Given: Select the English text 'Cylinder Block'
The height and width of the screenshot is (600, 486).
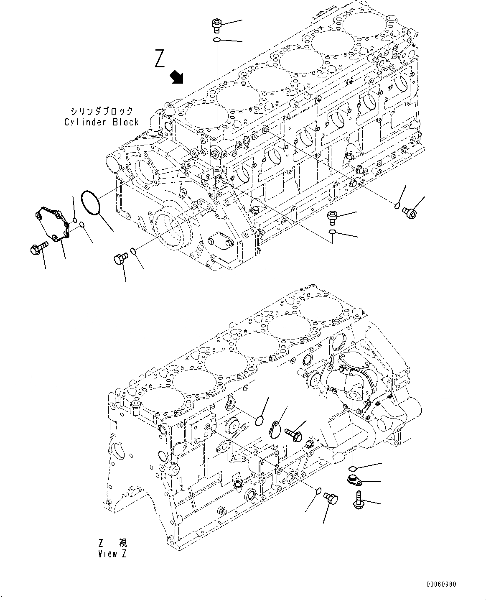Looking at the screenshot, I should coord(102,122).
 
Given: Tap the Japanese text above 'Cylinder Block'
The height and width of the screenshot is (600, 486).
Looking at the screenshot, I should coord(102,111).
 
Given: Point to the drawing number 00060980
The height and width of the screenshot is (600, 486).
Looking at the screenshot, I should coord(441,584).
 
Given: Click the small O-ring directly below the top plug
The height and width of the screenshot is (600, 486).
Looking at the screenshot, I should coord(217,40).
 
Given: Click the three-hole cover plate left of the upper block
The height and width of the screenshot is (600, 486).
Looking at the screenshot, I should coord(50,223).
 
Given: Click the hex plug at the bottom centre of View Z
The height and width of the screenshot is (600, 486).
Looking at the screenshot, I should coord(331,499).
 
